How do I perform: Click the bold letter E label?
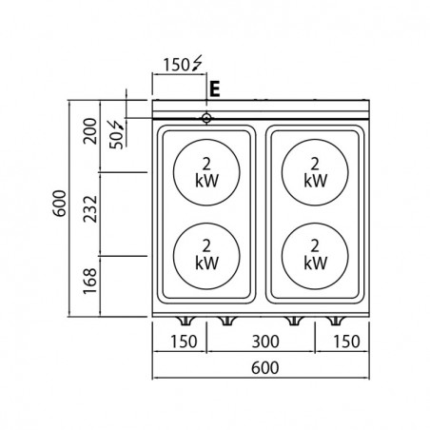[x=215, y=89]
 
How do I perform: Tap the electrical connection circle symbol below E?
[x=206, y=118]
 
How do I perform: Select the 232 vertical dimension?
[x=89, y=209]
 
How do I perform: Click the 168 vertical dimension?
[x=89, y=281]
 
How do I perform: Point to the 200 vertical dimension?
[x=89, y=131]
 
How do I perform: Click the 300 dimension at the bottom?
[x=265, y=342]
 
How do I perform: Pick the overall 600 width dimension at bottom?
[x=265, y=368]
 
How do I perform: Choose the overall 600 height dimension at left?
[x=59, y=204]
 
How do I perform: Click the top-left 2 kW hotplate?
[x=206, y=172]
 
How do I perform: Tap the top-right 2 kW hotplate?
[x=315, y=172]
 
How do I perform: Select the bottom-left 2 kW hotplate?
[x=206, y=256]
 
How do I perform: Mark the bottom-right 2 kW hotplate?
[x=315, y=256]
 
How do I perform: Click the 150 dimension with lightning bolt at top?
[x=183, y=64]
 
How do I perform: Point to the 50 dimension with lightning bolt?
[x=116, y=135]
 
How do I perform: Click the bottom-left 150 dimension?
[x=184, y=342]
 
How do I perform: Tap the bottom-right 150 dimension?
[x=346, y=342]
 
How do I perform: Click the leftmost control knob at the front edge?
[x=186, y=321]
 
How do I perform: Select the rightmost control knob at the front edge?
[x=335, y=321]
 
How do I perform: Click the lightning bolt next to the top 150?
[x=197, y=63]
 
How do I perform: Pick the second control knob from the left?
[x=227, y=321]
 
